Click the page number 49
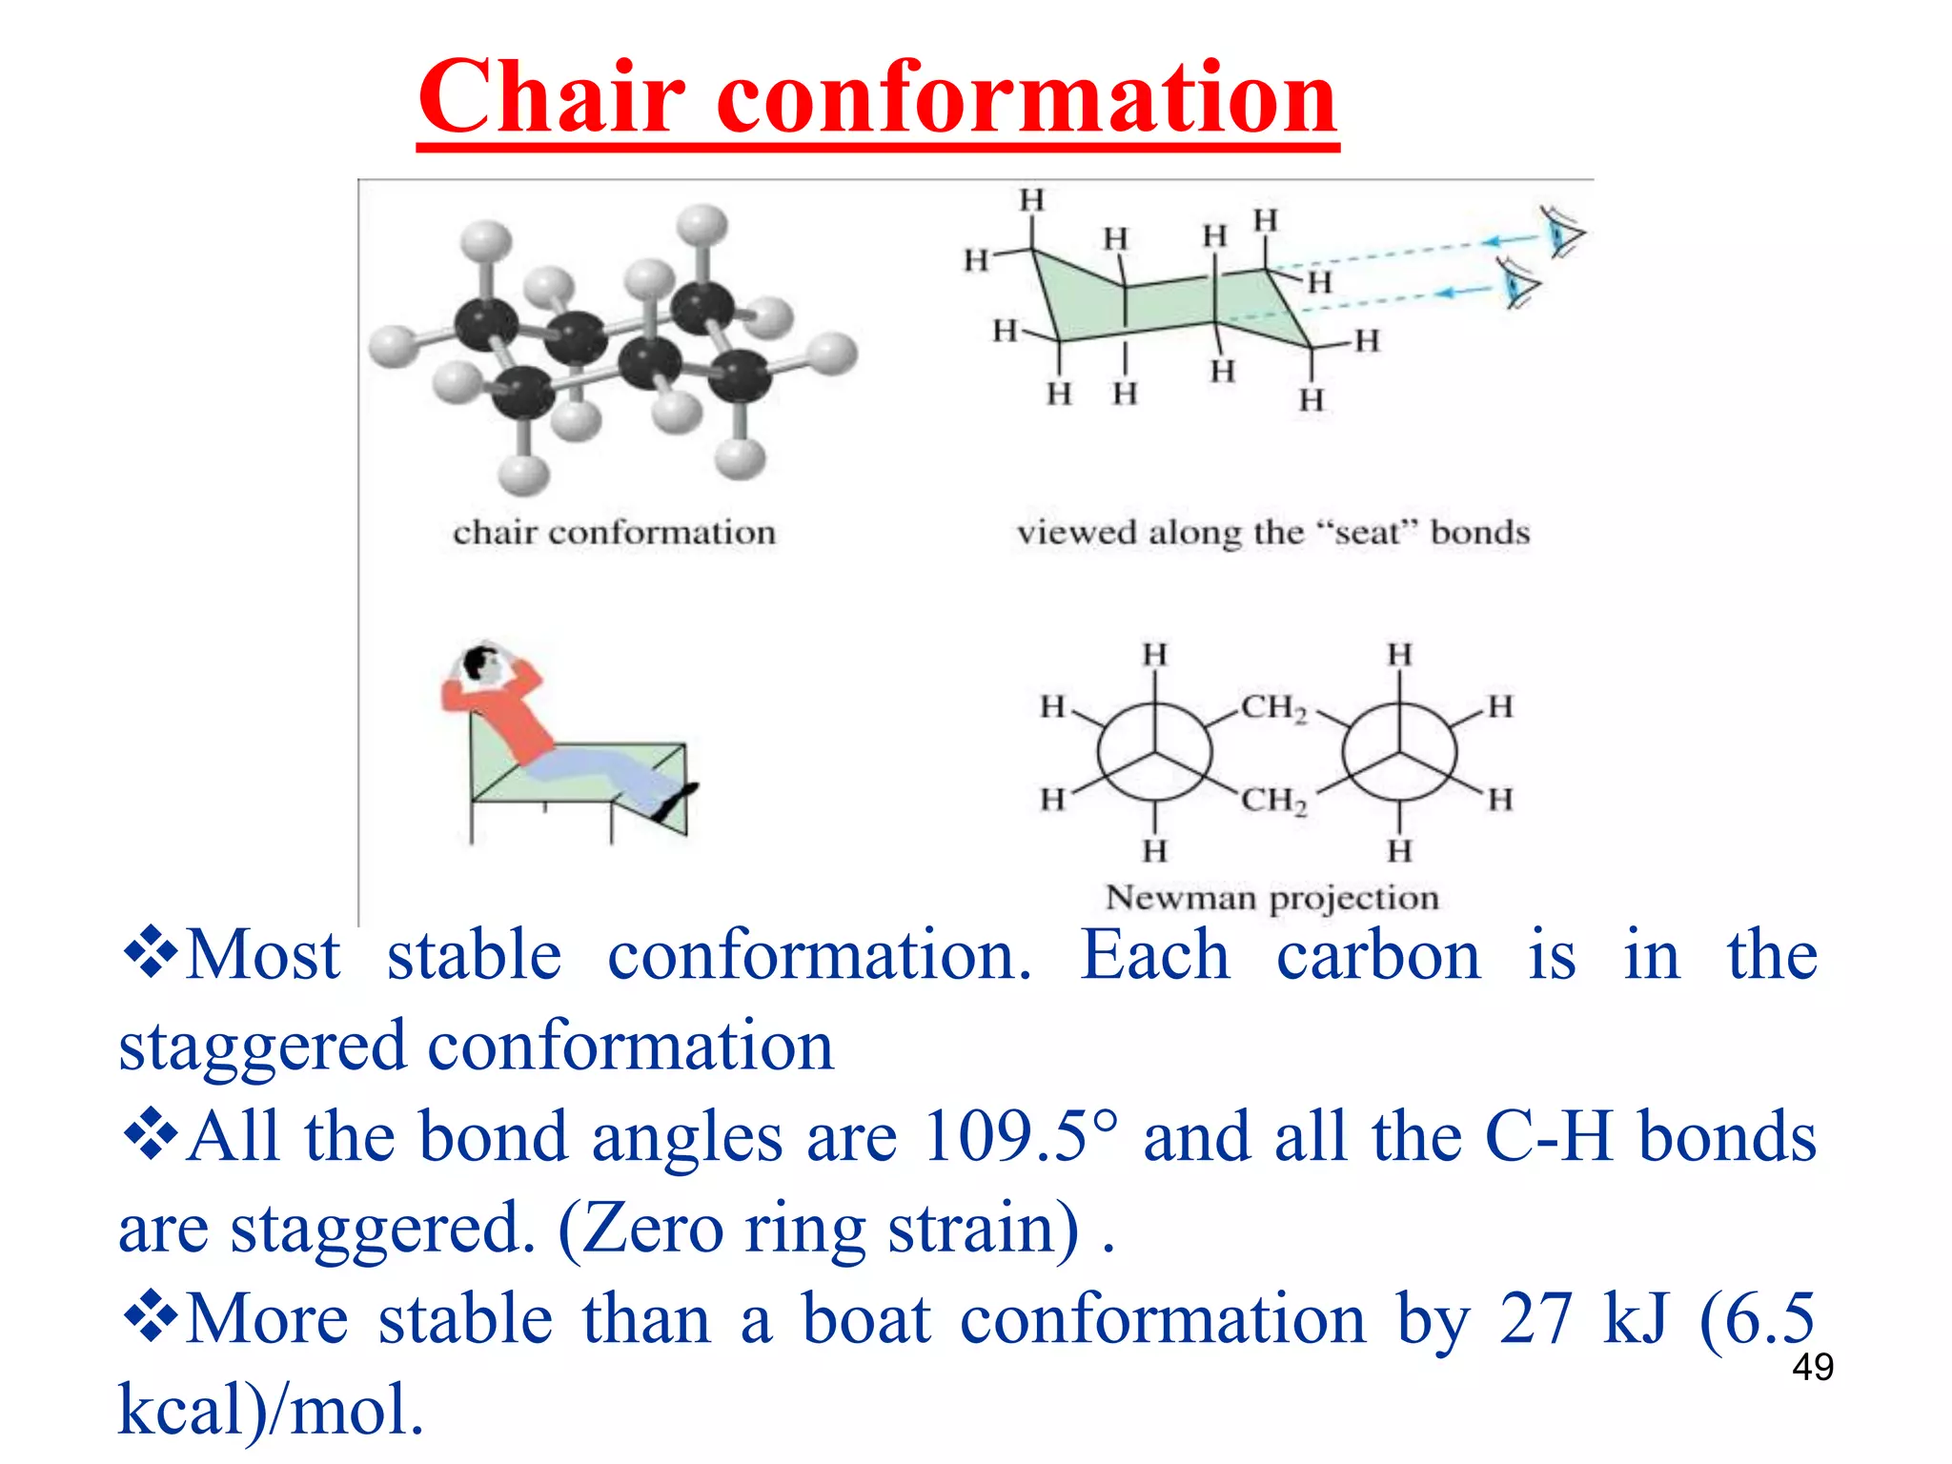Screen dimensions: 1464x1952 1812,1367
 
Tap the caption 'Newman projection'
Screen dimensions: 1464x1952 1271,898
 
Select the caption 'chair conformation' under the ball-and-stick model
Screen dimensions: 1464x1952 614,532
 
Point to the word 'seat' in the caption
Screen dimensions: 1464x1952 1367,532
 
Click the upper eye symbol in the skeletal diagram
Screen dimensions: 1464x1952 1562,233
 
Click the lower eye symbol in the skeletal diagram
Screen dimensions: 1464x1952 1517,283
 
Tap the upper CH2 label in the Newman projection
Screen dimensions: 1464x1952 1273,708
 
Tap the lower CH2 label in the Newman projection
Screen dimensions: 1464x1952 1273,800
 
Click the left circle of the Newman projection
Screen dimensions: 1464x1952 1154,753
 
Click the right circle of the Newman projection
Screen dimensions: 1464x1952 1399,753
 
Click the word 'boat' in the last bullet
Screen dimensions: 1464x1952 865,1319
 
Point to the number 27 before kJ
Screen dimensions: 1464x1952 1535,1319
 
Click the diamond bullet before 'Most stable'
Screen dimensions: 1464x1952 151,953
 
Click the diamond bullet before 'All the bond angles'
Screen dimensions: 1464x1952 151,1135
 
